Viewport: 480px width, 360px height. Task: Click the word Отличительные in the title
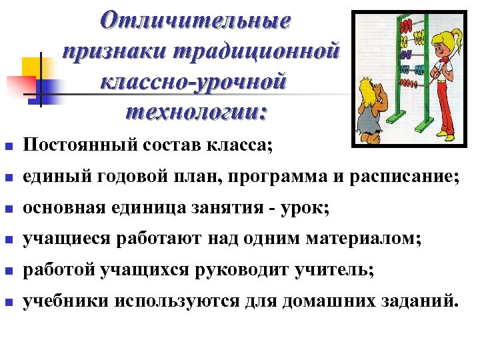tap(195, 21)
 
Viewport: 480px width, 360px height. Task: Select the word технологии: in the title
tap(195, 112)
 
